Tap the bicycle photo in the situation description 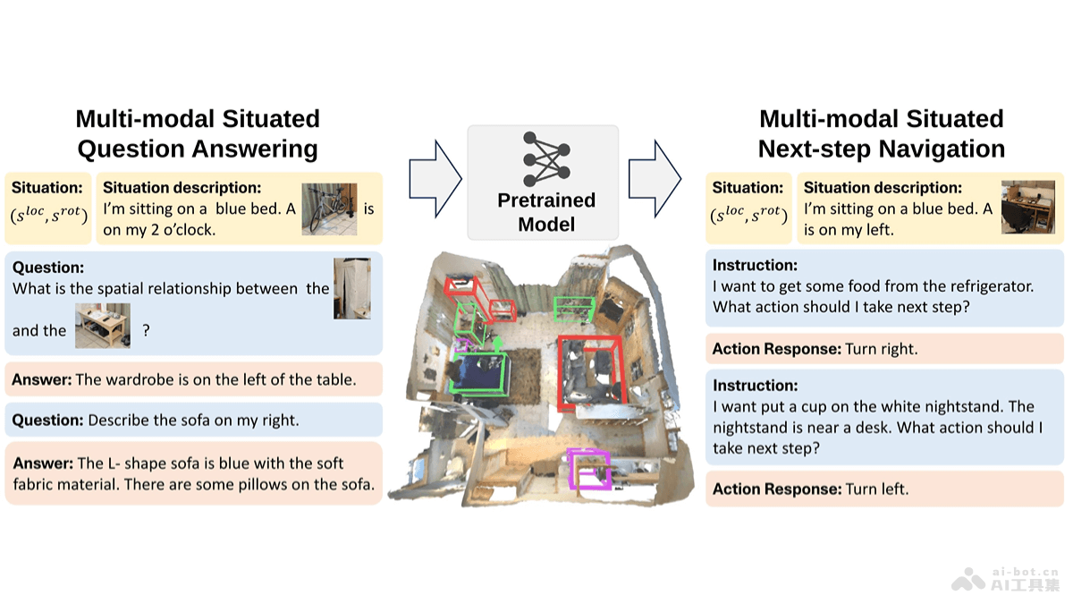(x=329, y=209)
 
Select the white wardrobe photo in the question (x=351, y=288)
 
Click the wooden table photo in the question (x=102, y=326)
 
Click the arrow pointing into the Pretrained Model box (x=435, y=178)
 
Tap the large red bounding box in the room (x=587, y=372)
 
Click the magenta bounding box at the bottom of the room (x=590, y=471)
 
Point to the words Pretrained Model (x=545, y=212)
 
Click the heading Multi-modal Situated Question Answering (x=197, y=133)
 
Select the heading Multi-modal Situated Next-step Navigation (x=881, y=133)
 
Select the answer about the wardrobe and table (x=183, y=379)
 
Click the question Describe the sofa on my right (x=156, y=420)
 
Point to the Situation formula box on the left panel (x=48, y=208)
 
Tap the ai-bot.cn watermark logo (x=1003, y=578)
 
